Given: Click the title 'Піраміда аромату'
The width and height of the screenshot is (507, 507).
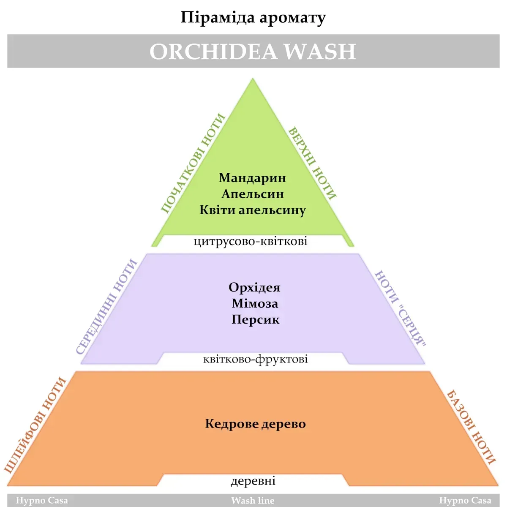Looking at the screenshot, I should coord(253,18).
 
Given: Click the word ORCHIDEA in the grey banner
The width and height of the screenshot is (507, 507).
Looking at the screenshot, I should coord(213,52).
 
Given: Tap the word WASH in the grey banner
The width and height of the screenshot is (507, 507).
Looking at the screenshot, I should coord(319,52).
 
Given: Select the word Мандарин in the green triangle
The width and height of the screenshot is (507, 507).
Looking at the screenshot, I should coord(252,178).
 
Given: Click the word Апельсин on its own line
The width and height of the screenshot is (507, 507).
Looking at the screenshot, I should coord(253,194).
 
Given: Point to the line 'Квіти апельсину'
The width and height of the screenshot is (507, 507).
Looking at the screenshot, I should coord(253,210).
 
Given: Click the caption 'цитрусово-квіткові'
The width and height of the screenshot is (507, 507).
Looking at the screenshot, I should coord(251,241).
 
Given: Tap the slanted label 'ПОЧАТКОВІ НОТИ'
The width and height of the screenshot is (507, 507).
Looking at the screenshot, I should coord(193,163).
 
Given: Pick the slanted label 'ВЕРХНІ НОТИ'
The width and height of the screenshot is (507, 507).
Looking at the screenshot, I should coord(312,163).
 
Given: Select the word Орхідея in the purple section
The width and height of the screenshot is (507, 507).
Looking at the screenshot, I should coord(254,288).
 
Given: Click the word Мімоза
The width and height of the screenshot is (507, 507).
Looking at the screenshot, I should coord(255,303).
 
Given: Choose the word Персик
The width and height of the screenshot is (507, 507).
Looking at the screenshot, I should coord(255,319).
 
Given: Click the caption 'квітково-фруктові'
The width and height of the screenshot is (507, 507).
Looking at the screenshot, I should coord(255,360).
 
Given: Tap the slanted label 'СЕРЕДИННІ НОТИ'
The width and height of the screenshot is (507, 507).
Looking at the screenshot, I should coord(107,306).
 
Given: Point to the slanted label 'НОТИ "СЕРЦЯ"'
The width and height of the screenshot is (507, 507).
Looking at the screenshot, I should coord(400,308).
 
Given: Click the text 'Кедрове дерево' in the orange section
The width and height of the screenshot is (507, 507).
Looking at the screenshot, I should coord(255,424).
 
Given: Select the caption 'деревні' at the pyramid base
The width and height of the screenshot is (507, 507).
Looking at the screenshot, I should coord(253,481).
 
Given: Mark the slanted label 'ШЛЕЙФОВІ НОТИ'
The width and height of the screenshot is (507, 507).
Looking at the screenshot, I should coord(36,424).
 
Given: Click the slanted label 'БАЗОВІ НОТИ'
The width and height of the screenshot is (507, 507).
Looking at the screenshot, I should coord(471,427).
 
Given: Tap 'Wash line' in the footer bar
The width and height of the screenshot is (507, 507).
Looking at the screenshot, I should coord(253,501).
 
